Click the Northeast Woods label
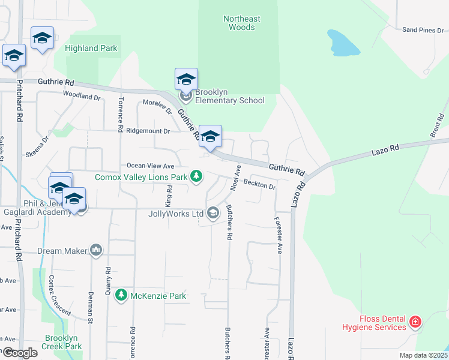tap(242, 23)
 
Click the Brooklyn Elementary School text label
tap(229, 96)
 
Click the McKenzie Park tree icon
tap(121, 296)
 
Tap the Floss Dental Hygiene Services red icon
tap(415, 323)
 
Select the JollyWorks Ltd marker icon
tap(212, 213)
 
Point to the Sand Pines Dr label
tap(423, 29)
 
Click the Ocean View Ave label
tap(149, 166)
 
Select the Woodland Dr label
tap(81, 96)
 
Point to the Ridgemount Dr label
tap(146, 129)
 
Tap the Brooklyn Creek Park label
tap(62, 342)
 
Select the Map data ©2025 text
tap(423, 355)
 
